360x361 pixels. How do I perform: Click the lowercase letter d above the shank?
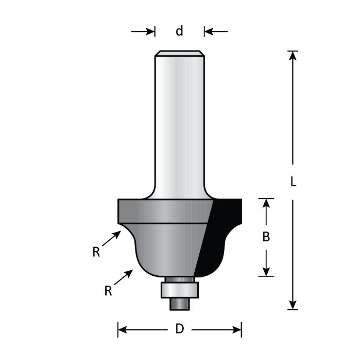179,31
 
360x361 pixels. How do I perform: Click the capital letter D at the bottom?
179,329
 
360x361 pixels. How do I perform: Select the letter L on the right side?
293,182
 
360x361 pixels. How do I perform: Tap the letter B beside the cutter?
266,237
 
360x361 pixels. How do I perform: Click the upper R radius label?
96,252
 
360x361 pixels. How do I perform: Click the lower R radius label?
108,291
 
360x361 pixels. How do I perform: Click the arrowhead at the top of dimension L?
293,55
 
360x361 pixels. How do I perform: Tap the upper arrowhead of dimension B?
266,203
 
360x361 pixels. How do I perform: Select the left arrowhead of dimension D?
123,329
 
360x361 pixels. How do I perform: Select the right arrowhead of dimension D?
237,329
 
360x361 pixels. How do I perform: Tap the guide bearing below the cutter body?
180,289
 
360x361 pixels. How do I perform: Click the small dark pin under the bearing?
180,304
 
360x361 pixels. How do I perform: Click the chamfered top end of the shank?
180,53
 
